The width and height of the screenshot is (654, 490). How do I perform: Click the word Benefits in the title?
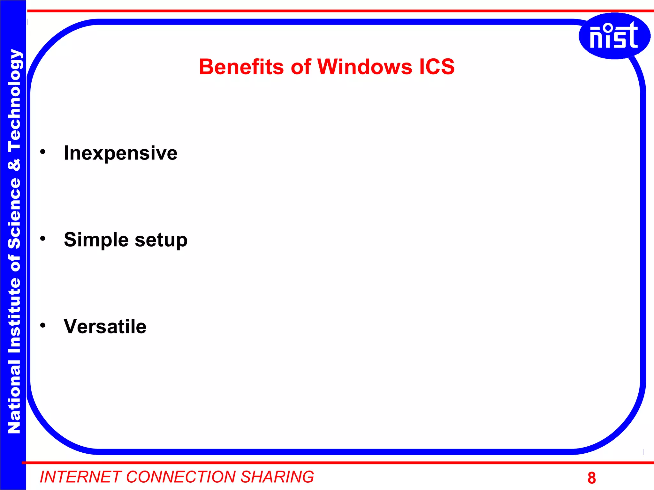tap(241, 67)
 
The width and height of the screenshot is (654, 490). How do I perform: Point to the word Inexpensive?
tap(120, 153)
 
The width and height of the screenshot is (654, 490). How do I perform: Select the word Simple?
tap(96, 240)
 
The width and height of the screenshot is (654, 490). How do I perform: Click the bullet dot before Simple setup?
tap(43, 238)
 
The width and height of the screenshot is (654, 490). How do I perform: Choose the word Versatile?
tap(105, 326)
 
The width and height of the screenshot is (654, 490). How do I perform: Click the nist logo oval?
tap(614, 36)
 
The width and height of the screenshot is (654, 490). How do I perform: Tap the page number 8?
tap(591, 478)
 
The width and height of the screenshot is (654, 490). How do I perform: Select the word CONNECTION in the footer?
tap(181, 477)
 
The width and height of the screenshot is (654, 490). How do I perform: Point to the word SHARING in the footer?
tap(277, 477)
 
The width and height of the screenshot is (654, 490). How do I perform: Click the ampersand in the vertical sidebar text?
tap(14, 165)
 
